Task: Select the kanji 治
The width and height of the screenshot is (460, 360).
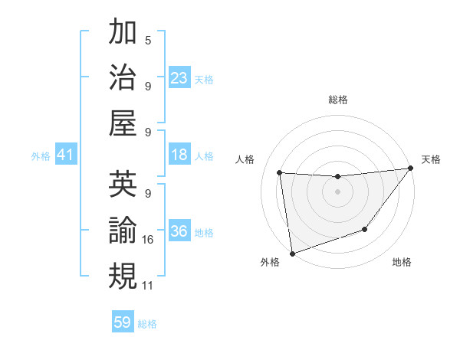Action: pyautogui.click(x=123, y=77)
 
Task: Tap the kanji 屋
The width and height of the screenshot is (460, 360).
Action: pyautogui.click(x=123, y=123)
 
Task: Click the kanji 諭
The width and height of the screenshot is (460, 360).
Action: pyautogui.click(x=123, y=230)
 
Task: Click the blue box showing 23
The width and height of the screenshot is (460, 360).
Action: pyautogui.click(x=179, y=78)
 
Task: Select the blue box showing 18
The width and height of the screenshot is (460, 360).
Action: pyautogui.click(x=179, y=155)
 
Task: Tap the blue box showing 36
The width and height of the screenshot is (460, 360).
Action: pyautogui.click(x=179, y=232)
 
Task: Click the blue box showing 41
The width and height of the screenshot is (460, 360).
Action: pyautogui.click(x=66, y=155)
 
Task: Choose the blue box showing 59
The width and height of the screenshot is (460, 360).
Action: pyautogui.click(x=123, y=322)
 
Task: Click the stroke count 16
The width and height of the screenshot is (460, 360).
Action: pyautogui.click(x=148, y=240)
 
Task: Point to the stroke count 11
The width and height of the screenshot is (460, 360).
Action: pyautogui.click(x=148, y=286)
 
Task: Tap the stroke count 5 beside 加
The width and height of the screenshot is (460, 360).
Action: pyautogui.click(x=148, y=40)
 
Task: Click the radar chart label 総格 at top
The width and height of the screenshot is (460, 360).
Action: pyautogui.click(x=337, y=100)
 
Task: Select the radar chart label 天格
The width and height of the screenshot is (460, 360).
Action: pyautogui.click(x=431, y=159)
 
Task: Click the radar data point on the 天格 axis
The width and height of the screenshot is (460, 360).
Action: pyautogui.click(x=410, y=169)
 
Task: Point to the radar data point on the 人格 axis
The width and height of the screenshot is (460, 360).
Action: pyautogui.click(x=280, y=173)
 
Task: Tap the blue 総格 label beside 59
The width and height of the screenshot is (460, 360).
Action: pyautogui.click(x=147, y=324)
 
